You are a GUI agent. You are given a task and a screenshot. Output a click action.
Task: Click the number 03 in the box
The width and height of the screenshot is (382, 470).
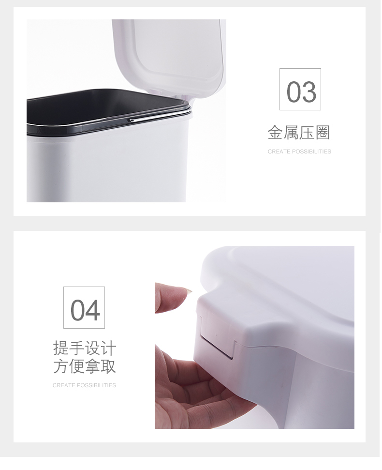click(301, 91)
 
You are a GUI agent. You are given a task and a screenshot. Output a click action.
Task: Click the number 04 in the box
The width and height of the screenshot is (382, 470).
click(85, 310)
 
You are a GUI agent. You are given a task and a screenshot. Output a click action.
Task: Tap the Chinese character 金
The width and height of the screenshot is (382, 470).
click(275, 133)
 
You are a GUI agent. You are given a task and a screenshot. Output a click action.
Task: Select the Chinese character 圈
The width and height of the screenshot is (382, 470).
click(323, 133)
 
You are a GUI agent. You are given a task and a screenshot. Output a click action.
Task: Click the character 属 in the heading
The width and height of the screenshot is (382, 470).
click(291, 133)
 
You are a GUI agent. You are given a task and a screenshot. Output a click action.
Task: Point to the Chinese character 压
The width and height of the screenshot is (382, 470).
click(307, 133)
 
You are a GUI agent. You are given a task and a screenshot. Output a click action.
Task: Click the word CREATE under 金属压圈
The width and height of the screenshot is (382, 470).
click(279, 152)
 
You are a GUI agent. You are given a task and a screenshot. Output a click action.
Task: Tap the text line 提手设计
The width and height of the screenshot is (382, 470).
click(85, 348)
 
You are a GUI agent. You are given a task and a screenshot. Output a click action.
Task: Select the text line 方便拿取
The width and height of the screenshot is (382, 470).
click(85, 366)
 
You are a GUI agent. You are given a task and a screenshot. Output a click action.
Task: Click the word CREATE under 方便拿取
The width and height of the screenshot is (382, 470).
click(63, 385)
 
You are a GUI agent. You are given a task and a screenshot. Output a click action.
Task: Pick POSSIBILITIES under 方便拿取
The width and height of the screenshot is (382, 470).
click(96, 385)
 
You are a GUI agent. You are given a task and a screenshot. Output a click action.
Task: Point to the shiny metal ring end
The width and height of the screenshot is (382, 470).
click(132, 120)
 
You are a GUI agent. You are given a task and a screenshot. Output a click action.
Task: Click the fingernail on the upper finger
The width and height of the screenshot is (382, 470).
click(188, 290)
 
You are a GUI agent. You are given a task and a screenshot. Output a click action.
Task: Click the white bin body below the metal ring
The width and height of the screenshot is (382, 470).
click(108, 168)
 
